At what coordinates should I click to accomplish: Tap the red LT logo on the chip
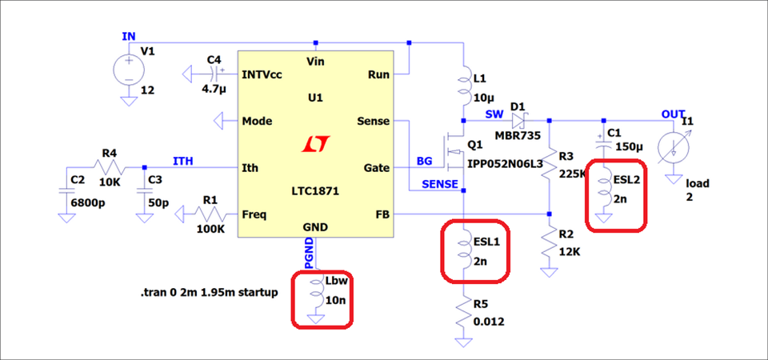coord(315,145)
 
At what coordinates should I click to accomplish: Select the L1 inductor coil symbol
coord(465,90)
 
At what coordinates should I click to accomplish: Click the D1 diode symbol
coord(518,121)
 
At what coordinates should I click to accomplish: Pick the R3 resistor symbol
coord(550,166)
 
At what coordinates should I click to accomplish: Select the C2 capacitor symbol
coord(64,192)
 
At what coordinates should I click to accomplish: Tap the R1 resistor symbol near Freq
coord(210,214)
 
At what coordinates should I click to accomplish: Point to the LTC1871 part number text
coord(314,193)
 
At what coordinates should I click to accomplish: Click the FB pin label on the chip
coord(381,214)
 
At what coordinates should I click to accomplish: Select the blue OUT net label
coord(673,114)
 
